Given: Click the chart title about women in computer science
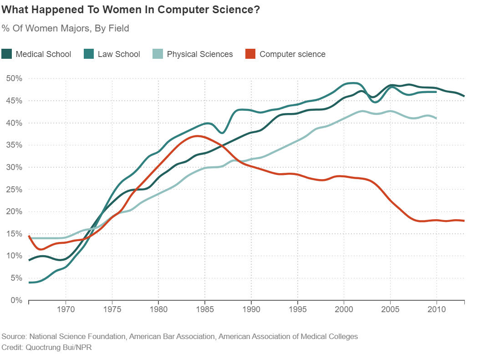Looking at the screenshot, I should click(x=131, y=10).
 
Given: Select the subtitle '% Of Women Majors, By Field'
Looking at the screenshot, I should click(x=66, y=28).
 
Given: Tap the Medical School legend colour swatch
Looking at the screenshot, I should click(x=7, y=54).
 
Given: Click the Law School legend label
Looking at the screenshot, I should click(x=119, y=54).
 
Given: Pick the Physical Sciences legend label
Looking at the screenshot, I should click(x=200, y=54).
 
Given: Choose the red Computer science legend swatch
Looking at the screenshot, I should click(x=250, y=54).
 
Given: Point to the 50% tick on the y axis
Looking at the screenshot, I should click(x=14, y=78).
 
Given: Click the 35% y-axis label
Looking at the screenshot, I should click(x=14, y=145).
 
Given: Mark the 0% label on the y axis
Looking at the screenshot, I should click(x=16, y=300).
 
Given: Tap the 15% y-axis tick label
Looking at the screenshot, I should click(x=14, y=234).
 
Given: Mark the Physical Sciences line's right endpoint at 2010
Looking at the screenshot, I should click(x=437, y=118).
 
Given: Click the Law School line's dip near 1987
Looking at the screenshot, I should click(x=222, y=133).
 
